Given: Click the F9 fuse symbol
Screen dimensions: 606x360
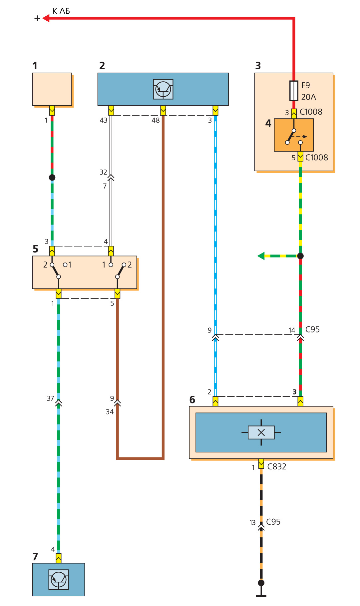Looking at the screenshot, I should point(294,91).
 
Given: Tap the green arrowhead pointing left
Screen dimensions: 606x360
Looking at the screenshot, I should point(261,256).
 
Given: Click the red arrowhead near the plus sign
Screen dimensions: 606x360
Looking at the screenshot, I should point(46,18).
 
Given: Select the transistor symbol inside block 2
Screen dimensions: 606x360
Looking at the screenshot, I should point(163,89).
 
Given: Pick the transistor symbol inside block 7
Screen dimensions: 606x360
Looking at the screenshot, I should point(59,579).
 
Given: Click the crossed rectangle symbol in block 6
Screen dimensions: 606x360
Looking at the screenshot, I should point(261,432).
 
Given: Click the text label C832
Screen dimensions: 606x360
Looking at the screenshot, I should point(276,466).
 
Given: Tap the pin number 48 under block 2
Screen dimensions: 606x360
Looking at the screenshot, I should point(156,120).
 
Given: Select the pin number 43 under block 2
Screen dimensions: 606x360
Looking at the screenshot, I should point(104,120).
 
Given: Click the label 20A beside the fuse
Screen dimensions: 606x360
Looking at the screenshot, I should point(308,97).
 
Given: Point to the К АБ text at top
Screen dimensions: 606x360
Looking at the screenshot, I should point(61,11).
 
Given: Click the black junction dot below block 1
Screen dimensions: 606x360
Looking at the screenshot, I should point(52,178).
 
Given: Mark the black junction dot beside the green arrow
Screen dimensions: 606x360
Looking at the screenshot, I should point(300,256).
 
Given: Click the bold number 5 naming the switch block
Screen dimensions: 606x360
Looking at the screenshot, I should point(36,249).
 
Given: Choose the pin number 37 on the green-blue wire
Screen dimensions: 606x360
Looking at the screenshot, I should point(50,398).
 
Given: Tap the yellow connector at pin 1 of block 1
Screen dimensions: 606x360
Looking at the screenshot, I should point(52,110).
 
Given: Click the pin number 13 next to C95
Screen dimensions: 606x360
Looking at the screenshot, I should point(252,523).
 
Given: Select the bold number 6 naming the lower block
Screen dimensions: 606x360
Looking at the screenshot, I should point(192,400).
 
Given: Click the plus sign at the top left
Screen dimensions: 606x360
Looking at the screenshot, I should point(37,18).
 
